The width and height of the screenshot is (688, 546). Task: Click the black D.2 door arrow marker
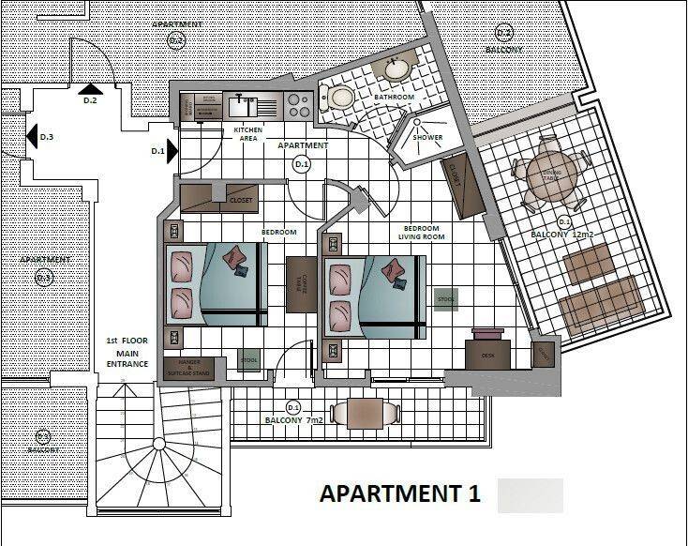pos(91,89)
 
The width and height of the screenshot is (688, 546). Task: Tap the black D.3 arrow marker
pos(31,137)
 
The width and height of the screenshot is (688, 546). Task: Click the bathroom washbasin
pos(396,69)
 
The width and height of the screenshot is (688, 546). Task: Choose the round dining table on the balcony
pos(549,175)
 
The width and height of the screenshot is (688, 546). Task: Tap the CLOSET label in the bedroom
pos(241,200)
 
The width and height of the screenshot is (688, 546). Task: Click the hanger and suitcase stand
pos(188,368)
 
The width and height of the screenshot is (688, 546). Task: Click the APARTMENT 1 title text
pos(400,494)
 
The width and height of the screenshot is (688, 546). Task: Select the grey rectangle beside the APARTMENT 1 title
pos(531,495)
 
